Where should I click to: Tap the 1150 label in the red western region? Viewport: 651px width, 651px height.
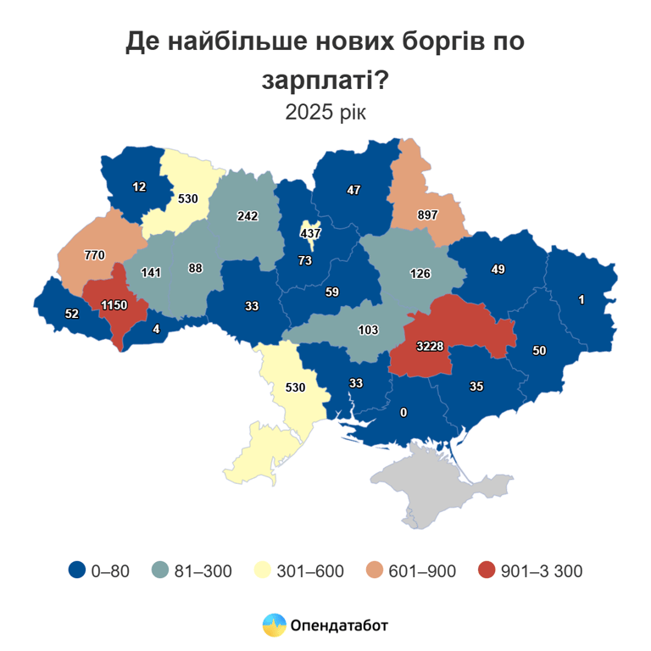114,304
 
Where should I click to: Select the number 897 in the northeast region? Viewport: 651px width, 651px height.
427,214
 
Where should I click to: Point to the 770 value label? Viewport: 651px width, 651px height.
94,254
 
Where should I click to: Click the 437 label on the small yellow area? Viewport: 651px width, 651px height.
313,233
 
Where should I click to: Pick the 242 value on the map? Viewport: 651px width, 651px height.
248,216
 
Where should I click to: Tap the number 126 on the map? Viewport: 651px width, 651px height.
420,273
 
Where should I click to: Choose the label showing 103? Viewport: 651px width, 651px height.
368,329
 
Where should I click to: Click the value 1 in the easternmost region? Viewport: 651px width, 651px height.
581,299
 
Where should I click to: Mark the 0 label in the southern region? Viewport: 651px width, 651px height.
403,412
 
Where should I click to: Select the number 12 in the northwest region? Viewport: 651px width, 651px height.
140,186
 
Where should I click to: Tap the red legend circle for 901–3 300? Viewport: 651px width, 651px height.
486,570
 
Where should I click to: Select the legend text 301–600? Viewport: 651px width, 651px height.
310,571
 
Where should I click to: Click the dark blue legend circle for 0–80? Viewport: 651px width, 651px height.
77,570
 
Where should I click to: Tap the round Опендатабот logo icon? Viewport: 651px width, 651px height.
274,626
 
